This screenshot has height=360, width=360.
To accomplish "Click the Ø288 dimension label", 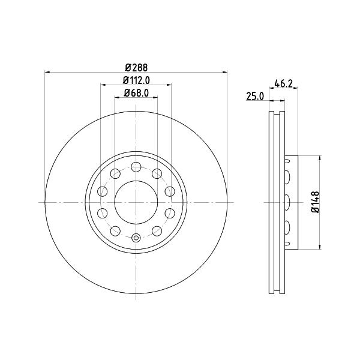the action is [x=136, y=68].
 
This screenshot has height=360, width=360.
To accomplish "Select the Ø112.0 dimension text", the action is [x=136, y=80].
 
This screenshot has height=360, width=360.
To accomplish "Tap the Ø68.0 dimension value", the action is [x=136, y=93].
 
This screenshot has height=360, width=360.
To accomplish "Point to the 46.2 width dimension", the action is [x=284, y=83].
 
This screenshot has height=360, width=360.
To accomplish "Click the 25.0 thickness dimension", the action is [x=255, y=96].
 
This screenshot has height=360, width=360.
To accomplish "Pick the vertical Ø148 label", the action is [x=316, y=202].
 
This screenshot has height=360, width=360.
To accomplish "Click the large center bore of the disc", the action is [x=136, y=202].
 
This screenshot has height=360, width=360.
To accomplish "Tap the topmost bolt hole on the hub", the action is [x=136, y=167].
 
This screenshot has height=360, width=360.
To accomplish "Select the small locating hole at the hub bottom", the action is [x=136, y=238].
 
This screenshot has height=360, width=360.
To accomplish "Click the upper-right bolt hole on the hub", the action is [x=157, y=173].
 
